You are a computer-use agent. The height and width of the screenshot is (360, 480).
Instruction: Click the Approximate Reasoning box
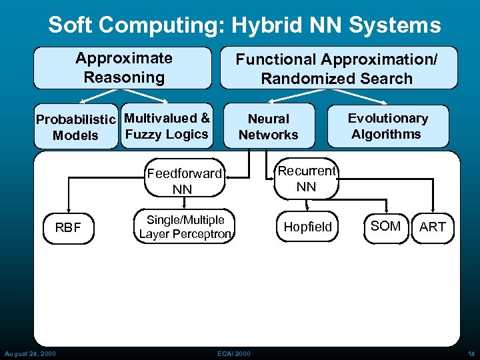123,67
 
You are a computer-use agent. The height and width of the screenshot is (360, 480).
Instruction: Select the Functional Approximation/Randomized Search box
339,68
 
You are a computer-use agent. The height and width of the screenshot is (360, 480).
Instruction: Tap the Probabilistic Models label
76,127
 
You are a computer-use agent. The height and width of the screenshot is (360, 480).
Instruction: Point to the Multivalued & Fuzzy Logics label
167,126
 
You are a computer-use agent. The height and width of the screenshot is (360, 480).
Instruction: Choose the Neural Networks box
269,126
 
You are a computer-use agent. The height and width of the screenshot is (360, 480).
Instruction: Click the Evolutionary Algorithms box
387,126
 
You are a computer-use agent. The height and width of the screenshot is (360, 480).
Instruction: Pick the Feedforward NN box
183,181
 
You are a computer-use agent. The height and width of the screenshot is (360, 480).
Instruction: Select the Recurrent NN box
306,179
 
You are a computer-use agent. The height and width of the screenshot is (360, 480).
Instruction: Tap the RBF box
67,227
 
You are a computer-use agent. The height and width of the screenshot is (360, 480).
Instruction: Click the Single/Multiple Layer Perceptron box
185,227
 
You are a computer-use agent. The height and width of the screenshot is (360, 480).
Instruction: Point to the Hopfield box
307,227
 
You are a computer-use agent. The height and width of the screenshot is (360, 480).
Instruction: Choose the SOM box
385,227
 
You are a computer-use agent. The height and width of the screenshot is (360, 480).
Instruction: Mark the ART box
432,227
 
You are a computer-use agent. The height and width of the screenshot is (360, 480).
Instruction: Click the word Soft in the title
69,25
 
